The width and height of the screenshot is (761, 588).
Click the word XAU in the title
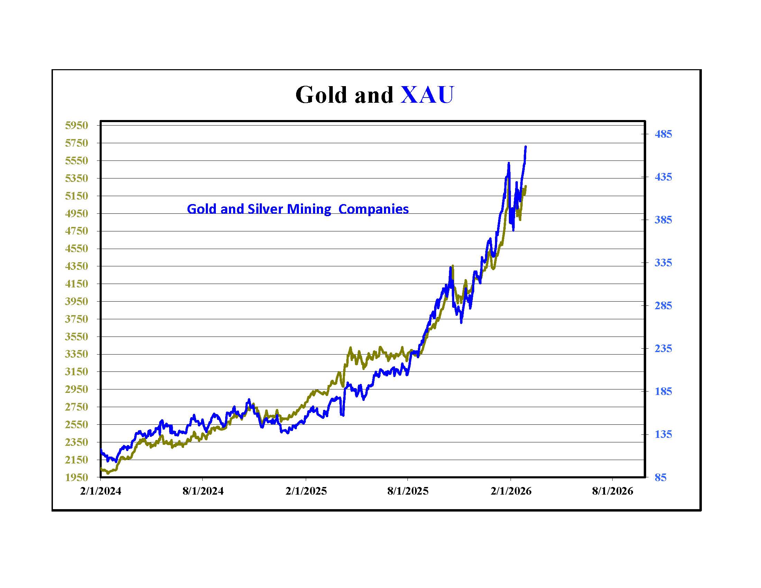point(427,95)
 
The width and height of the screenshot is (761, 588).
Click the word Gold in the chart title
point(321,95)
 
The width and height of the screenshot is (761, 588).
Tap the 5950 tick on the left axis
point(77,126)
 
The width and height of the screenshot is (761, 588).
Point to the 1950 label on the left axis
point(77,477)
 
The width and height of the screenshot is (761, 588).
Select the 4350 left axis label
point(77,266)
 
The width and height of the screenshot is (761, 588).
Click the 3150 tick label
point(77,372)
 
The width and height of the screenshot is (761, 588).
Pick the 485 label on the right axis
point(663,134)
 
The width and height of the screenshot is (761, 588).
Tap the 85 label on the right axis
point(660,477)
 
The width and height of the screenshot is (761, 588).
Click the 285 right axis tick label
point(663,305)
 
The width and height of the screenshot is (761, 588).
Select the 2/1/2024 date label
point(101,491)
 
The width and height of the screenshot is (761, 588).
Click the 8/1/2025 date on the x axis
point(408,491)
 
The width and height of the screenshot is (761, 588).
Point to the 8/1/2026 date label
point(613,491)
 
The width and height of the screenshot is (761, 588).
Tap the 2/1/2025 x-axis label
point(306,491)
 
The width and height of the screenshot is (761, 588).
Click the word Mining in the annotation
point(309,209)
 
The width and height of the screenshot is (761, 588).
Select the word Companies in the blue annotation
point(374,209)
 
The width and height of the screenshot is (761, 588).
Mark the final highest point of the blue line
point(525,147)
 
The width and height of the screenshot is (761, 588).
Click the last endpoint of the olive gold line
point(525,186)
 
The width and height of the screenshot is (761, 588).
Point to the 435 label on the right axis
point(663,177)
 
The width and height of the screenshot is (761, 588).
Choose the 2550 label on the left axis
point(77,425)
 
